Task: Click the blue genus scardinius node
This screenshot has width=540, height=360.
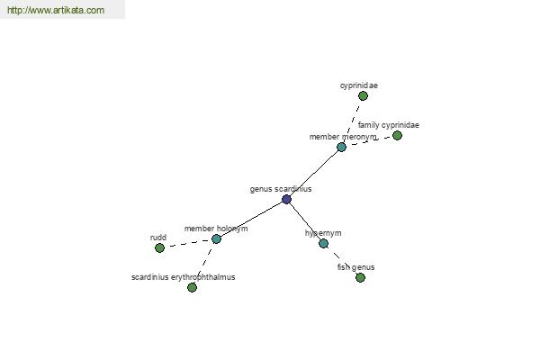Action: (x=286, y=199)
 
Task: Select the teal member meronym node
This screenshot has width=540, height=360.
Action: (x=341, y=147)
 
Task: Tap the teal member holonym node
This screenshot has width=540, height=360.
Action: (x=216, y=238)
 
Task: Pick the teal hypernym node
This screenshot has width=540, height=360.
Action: (x=323, y=244)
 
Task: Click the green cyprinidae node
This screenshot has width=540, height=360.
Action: (x=363, y=95)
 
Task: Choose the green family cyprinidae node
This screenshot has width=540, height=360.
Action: (x=397, y=135)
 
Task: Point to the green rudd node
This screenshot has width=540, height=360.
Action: (x=159, y=247)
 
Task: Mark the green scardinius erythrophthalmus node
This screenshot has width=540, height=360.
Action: (x=193, y=287)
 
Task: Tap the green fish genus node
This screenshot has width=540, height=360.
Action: (x=360, y=277)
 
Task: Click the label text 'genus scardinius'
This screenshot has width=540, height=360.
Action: (x=281, y=189)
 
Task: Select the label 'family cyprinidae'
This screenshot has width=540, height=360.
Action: (x=389, y=125)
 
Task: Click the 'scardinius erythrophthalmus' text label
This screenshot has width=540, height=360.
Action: (x=184, y=277)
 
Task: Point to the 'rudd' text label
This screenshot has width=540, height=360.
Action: (x=158, y=238)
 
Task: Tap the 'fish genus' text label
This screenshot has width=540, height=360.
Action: (x=355, y=267)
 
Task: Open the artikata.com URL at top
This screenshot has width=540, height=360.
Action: (x=56, y=10)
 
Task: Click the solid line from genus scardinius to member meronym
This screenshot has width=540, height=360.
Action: (x=314, y=174)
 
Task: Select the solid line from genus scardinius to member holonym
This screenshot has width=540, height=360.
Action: (x=251, y=219)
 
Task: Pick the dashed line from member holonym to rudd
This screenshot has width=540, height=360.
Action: (x=188, y=243)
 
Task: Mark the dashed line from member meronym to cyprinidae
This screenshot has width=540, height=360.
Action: (x=352, y=121)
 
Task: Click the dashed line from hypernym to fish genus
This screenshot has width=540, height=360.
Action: (x=342, y=260)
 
